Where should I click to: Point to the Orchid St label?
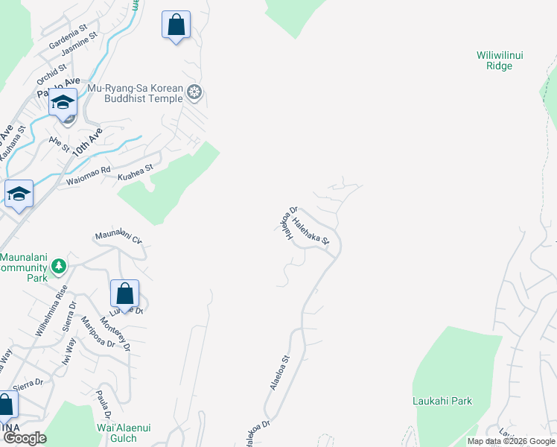pos(51,73)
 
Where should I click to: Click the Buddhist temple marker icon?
pos(195,92)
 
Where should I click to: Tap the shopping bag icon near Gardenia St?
pos(176,25)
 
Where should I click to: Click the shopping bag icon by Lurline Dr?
pos(124,294)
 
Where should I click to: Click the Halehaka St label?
pos(311,230)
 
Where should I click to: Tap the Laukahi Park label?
pos(442,401)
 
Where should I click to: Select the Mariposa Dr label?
pos(97,333)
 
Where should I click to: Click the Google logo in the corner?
pos(25,438)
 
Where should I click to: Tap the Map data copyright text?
pos(512,441)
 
